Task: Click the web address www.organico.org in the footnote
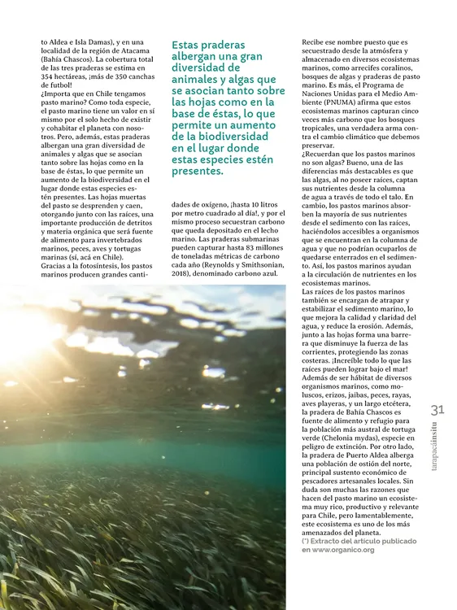[340, 550]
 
